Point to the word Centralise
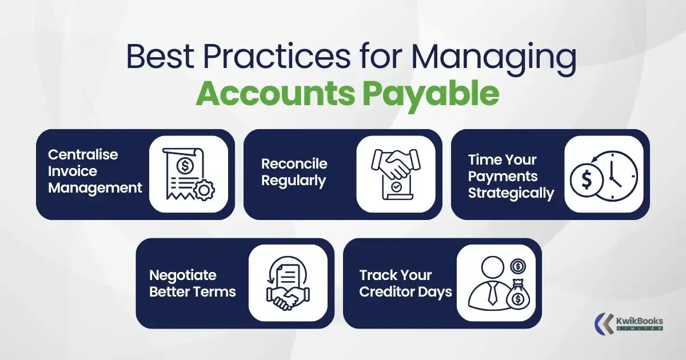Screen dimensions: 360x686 click(83, 155)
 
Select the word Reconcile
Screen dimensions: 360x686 click(294, 164)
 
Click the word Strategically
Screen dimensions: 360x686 click(511, 193)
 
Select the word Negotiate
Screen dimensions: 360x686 click(183, 275)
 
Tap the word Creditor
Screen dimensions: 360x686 click(389, 292)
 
